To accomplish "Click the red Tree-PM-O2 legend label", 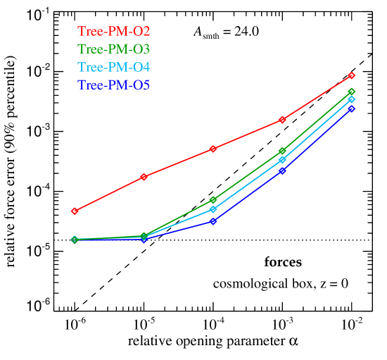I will point(113,32).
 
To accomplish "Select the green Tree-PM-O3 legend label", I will point(113,49).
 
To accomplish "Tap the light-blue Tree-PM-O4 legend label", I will point(113,68).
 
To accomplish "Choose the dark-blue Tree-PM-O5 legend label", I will point(113,85).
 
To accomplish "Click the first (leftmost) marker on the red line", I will point(74,211).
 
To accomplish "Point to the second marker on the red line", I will point(144,177).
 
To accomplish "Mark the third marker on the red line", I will point(212,149).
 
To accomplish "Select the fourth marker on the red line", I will point(282,120).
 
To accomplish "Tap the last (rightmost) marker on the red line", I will point(352,75).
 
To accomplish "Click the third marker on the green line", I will point(212,200).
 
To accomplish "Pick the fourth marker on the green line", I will point(282,151).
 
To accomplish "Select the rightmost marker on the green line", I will point(352,92).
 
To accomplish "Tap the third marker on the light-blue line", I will point(212,209).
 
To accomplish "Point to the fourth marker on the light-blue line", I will point(282,160).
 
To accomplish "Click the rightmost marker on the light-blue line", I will point(352,99).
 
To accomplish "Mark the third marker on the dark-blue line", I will point(212,221).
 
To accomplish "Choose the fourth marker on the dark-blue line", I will point(282,170).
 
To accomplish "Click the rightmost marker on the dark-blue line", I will point(352,108).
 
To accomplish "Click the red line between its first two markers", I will point(109,194).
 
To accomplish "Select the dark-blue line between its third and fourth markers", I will point(248,196).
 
